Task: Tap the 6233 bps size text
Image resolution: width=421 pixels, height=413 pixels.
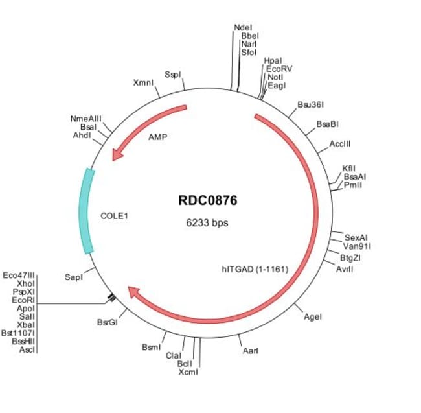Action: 207,222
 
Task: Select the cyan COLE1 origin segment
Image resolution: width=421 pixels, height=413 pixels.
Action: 86,211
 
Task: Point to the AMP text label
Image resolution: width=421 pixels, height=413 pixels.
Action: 158,137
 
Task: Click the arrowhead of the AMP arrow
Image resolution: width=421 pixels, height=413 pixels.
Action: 117,155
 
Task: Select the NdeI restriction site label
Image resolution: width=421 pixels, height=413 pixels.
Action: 243,27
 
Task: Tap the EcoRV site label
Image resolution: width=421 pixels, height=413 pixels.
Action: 277,68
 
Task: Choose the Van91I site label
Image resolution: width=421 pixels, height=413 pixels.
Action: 357,246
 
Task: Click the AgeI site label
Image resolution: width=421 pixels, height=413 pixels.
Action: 313,316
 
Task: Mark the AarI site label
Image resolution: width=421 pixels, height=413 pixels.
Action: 251,351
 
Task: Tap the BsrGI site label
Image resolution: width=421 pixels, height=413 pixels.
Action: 108,322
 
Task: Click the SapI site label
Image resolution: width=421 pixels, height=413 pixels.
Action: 74,277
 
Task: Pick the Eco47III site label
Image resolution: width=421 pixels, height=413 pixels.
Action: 19,275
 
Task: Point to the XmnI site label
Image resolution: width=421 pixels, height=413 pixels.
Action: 143,83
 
